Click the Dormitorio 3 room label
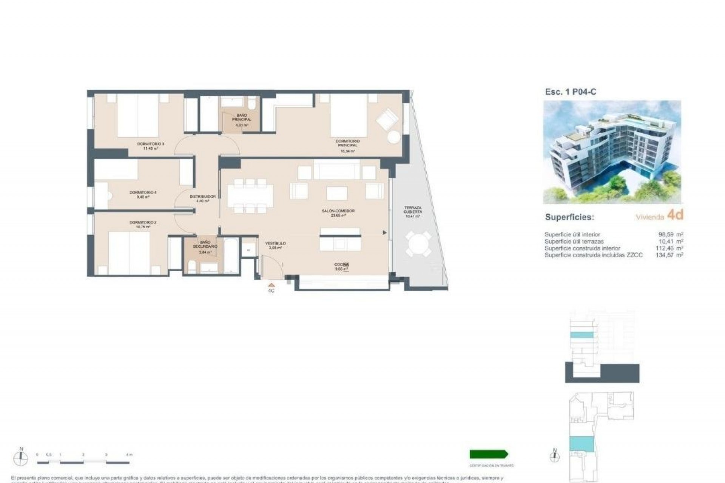[150, 146]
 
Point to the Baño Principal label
[242, 120]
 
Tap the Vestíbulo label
[275, 245]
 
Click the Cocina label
[341, 266]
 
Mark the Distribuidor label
[202, 198]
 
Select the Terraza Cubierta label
[412, 212]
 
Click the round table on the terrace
[418, 244]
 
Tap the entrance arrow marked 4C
[271, 286]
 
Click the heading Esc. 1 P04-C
[571, 92]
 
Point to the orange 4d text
[675, 215]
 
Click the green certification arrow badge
[489, 454]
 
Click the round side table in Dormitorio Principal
[393, 137]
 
